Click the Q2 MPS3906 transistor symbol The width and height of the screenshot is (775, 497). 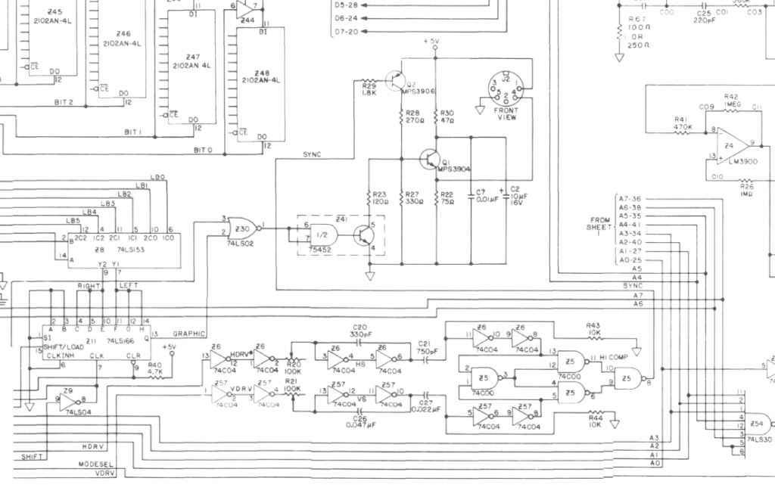click(395, 79)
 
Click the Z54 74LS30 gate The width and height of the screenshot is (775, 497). click(757, 427)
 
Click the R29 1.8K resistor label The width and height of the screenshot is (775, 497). click(369, 89)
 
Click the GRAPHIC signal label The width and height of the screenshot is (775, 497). click(189, 333)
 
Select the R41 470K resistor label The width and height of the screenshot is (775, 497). click(683, 123)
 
